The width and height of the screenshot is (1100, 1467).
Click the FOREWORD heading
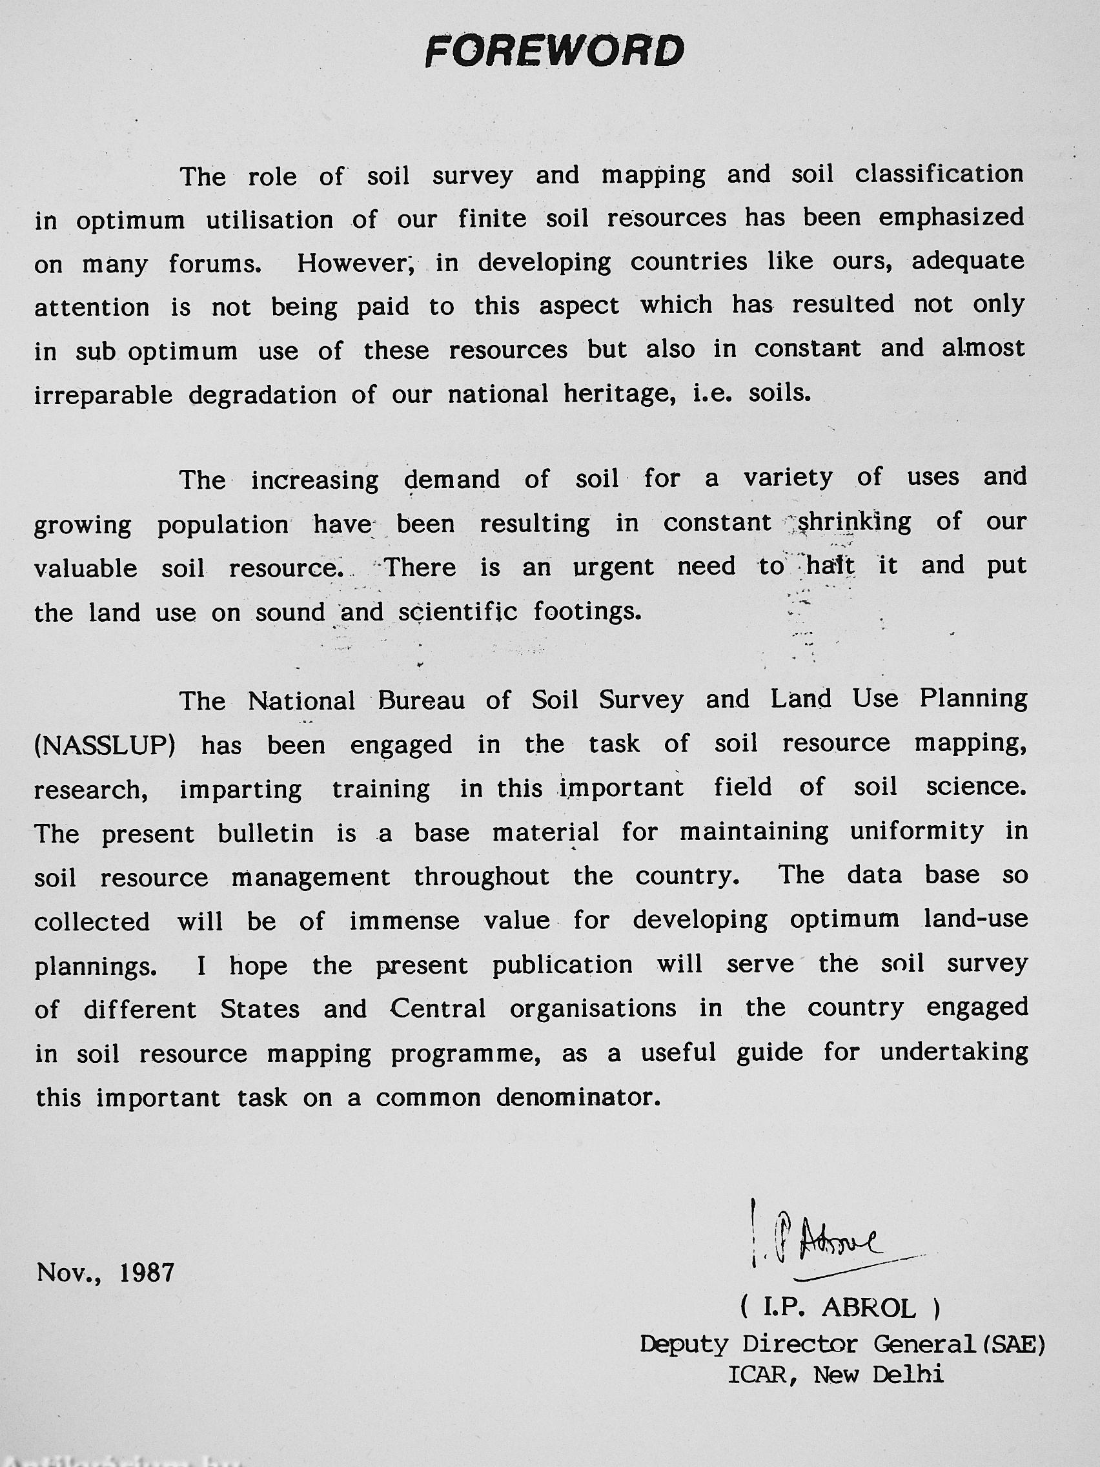[x=554, y=51]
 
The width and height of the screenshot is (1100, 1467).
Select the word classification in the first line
[x=939, y=174]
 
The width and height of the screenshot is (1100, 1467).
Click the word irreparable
[x=103, y=395]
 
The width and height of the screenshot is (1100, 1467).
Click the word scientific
[x=458, y=611]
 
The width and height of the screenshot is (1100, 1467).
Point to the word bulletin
[x=265, y=833]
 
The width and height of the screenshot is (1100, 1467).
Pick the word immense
[x=405, y=921]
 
